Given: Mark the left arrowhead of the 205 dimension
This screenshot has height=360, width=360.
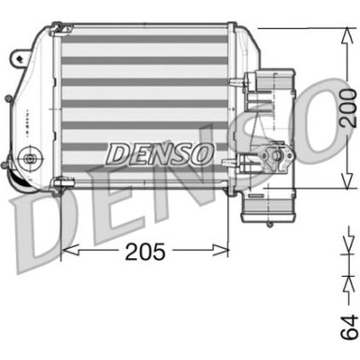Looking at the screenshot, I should pyautogui.click(x=67, y=251).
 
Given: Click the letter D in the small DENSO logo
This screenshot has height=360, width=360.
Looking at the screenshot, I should pyautogui.click(x=117, y=151).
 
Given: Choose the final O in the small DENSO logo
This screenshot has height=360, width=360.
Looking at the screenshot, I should pyautogui.click(x=199, y=151).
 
